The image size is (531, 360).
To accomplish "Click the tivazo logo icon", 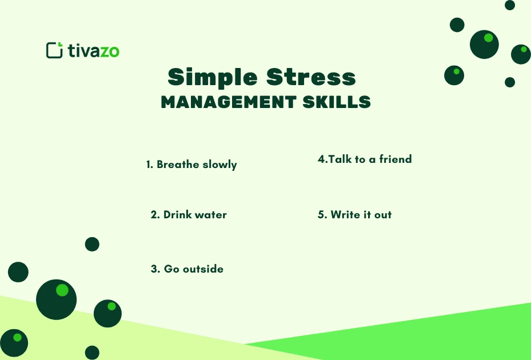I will point(54,50).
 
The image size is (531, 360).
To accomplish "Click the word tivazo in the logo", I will point(93,51).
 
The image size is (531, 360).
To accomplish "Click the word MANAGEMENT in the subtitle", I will point(226,102).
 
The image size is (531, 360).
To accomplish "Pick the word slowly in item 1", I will point(219,165).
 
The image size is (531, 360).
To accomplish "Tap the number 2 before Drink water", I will point(154,215).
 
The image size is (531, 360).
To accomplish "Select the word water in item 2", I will point(211,215).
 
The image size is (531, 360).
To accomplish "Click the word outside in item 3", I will point(203,269).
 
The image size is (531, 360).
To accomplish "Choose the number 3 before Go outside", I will point(154,269).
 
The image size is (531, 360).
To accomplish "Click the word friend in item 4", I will point(396,159).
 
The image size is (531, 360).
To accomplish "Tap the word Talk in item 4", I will point(340,159).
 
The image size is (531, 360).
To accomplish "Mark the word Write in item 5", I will point(345,215).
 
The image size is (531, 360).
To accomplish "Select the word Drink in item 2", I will point(177,215).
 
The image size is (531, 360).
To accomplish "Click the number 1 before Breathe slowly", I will point(149,165).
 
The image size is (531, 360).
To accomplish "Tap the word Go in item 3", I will point(171,269).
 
